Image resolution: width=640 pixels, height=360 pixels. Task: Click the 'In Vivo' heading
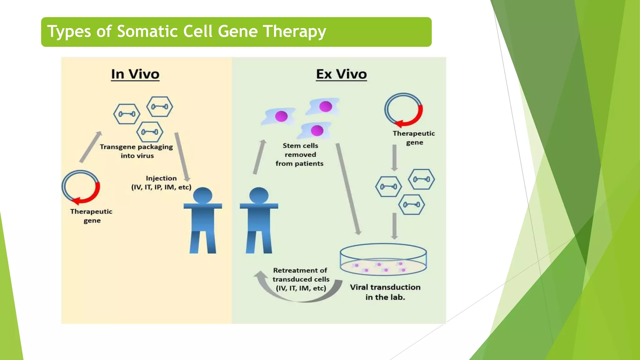(x=135, y=74)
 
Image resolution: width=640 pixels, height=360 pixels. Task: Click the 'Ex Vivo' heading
(x=341, y=74)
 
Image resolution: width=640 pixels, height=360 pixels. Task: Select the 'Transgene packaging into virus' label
(x=137, y=151)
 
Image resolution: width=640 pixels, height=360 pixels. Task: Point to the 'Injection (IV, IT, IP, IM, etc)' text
(x=161, y=183)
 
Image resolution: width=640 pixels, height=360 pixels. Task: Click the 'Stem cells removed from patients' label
(x=300, y=155)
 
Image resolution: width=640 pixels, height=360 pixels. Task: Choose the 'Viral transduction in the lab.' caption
(x=385, y=292)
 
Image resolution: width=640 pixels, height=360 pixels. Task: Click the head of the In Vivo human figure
(x=202, y=196)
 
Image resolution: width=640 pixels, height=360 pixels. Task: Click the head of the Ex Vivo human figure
(x=259, y=196)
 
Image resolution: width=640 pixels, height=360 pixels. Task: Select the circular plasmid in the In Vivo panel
(x=81, y=187)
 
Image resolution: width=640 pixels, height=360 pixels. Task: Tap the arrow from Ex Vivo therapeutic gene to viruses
(x=395, y=158)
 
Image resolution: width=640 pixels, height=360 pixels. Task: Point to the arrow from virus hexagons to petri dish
(x=395, y=226)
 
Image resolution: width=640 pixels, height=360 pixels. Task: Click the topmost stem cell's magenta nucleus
(x=326, y=106)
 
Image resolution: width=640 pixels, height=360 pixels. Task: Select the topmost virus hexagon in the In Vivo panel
(x=160, y=107)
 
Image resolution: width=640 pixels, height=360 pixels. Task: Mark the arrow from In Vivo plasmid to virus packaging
(x=91, y=147)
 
